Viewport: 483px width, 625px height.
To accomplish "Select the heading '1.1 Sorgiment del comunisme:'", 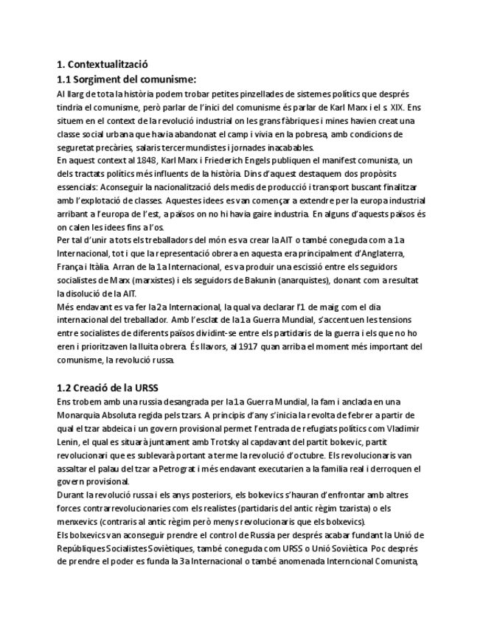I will click(127, 79).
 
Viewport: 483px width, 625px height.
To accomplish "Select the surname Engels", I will click(281, 161).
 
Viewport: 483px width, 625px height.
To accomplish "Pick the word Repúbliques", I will click(83, 547).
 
